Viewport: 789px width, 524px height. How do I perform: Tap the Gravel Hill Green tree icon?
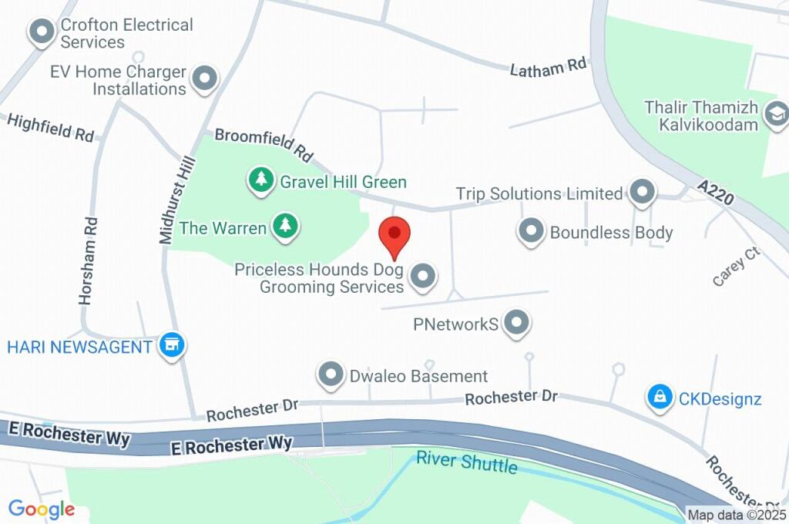tap(262, 181)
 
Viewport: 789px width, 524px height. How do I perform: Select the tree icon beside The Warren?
tap(286, 227)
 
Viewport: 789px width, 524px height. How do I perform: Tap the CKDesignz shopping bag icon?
tap(659, 398)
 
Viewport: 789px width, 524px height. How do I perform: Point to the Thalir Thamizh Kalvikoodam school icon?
tap(774, 116)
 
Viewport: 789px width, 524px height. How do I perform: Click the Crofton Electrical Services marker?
tap(39, 32)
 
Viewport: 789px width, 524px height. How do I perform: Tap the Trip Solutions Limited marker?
tap(641, 192)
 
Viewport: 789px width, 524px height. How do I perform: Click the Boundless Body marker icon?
tap(531, 230)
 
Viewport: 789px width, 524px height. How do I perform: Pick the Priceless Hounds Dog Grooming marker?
tap(422, 277)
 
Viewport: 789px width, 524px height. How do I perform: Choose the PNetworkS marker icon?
tap(517, 323)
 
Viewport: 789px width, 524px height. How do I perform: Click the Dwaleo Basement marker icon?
tap(331, 375)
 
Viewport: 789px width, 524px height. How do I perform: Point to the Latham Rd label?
tap(548, 68)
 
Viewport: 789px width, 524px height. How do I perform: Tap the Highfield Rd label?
tap(51, 127)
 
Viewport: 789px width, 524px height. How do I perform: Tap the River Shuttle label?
tap(466, 462)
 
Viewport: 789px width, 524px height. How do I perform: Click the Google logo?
tap(42, 509)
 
